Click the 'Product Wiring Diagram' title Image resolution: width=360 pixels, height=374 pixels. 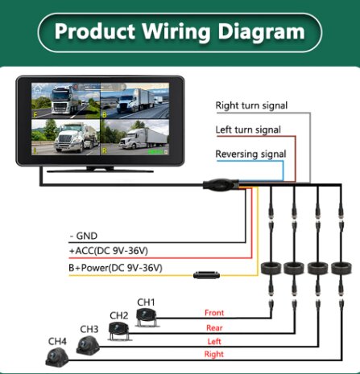pyautogui.click(x=180, y=32)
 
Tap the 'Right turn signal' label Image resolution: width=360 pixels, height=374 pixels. pyautogui.click(x=251, y=105)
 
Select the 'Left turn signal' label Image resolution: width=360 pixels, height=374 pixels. pyautogui.click(x=248, y=129)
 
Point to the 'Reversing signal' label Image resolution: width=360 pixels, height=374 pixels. pyautogui.click(x=250, y=154)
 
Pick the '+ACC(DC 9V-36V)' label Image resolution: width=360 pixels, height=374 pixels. pyautogui.click(x=109, y=251)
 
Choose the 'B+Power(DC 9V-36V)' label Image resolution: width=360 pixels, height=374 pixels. pyautogui.click(x=115, y=268)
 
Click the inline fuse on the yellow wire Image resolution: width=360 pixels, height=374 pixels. pyautogui.click(x=206, y=275)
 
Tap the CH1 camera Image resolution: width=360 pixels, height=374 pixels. pyautogui.click(x=147, y=317)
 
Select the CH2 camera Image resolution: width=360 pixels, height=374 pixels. pyautogui.click(x=119, y=331)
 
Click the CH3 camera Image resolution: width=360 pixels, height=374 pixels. pyautogui.click(x=88, y=345)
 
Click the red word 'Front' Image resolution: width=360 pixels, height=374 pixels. pyautogui.click(x=214, y=313)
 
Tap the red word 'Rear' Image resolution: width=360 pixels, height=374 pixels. pyautogui.click(x=214, y=328)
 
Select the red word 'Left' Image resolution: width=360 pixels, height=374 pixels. pyautogui.click(x=214, y=342)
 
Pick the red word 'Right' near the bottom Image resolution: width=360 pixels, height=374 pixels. pyautogui.click(x=214, y=354)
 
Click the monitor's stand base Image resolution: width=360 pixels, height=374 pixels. pyautogui.click(x=100, y=170)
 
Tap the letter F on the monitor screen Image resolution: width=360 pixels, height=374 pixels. pyautogui.click(x=35, y=115)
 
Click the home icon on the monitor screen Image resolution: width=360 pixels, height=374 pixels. pyautogui.click(x=38, y=88)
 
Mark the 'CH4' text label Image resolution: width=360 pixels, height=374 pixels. pyautogui.click(x=57, y=342)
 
